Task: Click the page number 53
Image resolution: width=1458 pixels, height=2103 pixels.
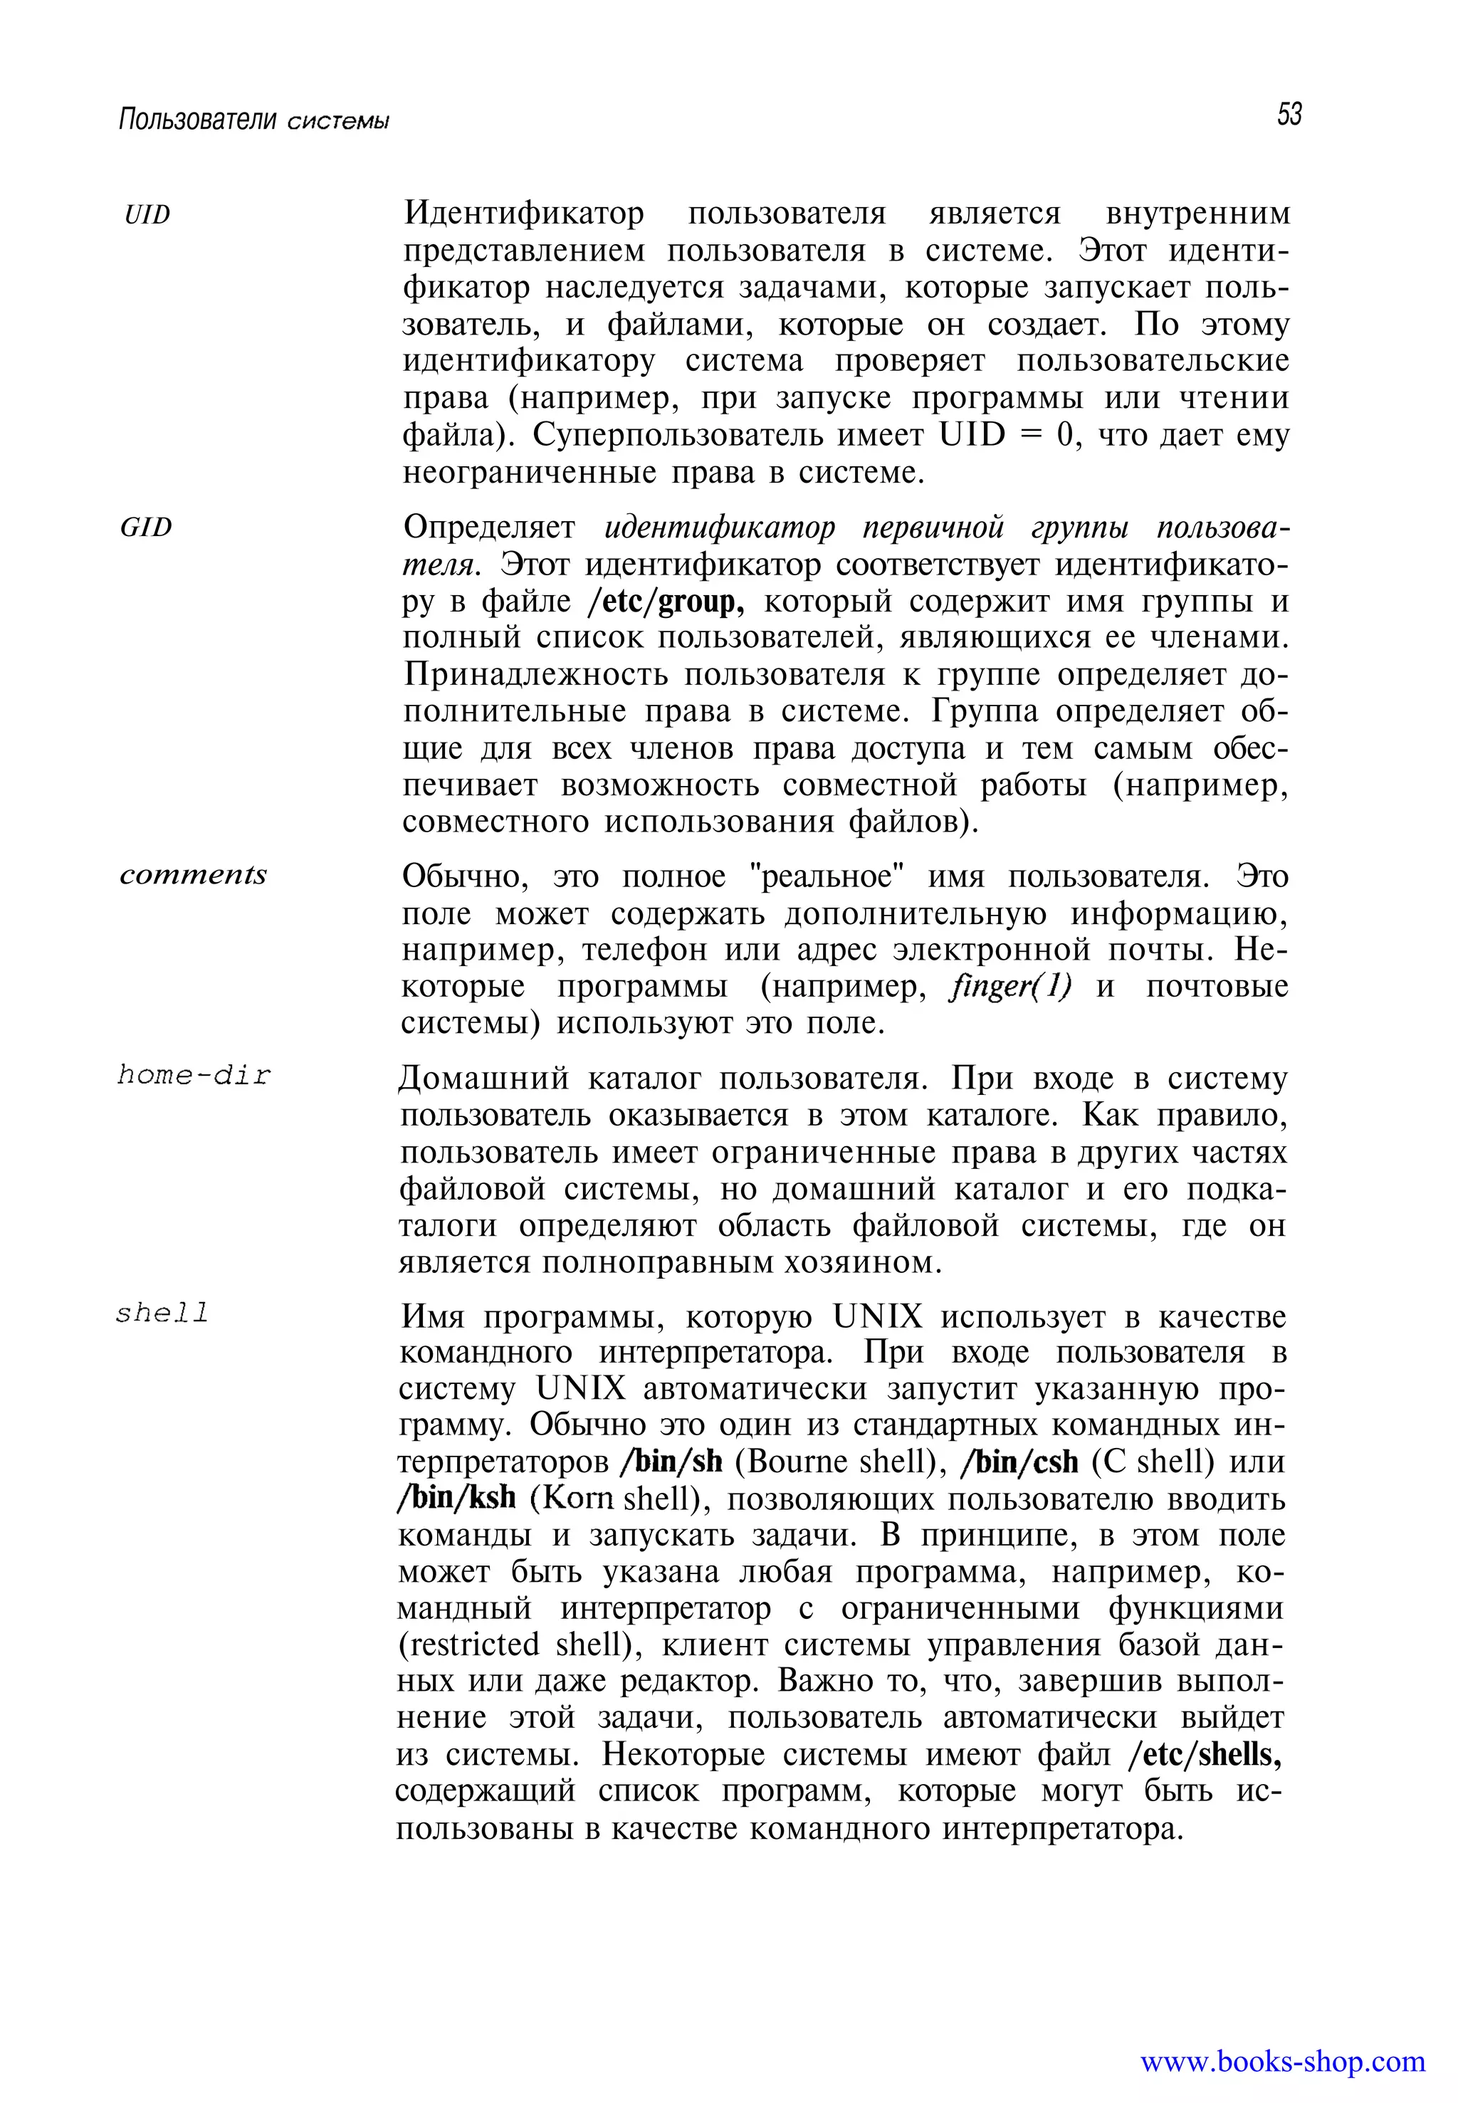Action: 1289,115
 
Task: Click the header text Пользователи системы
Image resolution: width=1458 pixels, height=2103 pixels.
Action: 254,120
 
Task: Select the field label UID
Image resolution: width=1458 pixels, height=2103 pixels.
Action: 147,215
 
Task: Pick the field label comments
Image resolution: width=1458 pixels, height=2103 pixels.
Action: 193,874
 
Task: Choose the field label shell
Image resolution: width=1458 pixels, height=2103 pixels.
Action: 162,1313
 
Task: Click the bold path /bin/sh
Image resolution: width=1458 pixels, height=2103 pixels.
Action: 671,1462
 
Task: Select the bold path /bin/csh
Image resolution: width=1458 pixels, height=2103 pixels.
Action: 1019,1462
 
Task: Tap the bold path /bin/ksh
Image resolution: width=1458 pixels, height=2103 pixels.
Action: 457,1499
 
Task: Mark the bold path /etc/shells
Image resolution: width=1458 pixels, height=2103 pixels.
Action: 1205,1754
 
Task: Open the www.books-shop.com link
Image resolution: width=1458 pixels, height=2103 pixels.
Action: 1283,2061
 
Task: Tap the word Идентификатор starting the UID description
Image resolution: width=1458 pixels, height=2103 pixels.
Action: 523,213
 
